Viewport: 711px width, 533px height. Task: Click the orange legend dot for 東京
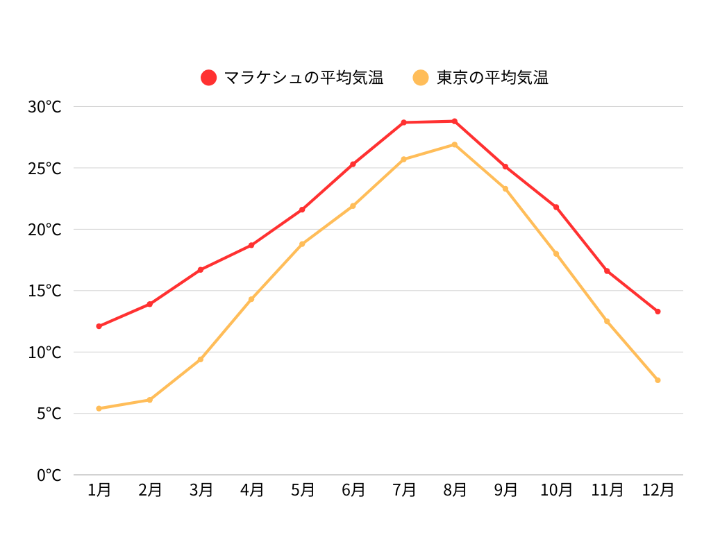(x=421, y=78)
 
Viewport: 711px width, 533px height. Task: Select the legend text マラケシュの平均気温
(x=303, y=78)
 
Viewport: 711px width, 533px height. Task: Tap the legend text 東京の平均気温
(x=492, y=78)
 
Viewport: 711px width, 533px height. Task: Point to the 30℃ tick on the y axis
(x=44, y=107)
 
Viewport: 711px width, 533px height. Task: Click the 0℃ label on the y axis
(x=49, y=475)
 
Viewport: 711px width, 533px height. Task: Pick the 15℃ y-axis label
(x=44, y=291)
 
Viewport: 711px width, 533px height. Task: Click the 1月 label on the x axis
(x=99, y=490)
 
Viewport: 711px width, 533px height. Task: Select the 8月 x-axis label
(x=455, y=490)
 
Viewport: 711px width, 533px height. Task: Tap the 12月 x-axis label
(x=658, y=490)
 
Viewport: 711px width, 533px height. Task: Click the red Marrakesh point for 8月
(x=455, y=121)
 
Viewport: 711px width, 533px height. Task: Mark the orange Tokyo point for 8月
(x=455, y=144)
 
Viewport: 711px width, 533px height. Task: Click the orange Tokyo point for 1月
(x=99, y=408)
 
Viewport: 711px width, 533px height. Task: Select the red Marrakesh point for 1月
(x=99, y=326)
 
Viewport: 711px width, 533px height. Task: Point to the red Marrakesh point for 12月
(x=658, y=312)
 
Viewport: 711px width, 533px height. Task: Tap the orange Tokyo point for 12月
(x=658, y=380)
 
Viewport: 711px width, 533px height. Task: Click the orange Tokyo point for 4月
(x=251, y=299)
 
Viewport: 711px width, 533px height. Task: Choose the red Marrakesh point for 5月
(x=302, y=210)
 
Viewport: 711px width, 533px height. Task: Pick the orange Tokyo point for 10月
(x=556, y=254)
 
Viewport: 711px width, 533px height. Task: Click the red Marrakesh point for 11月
(x=607, y=271)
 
